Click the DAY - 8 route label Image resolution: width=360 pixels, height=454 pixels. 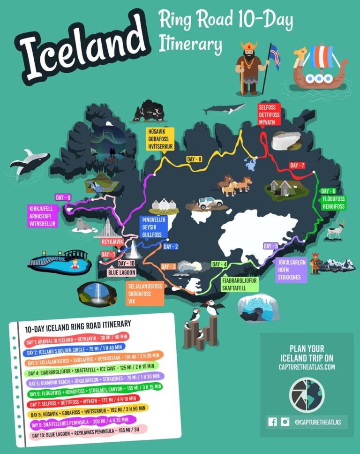point(194,159)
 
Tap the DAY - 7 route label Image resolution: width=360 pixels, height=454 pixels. point(297,166)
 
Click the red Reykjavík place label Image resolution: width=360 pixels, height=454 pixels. point(112,242)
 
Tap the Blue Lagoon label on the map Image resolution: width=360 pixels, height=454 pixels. point(121,272)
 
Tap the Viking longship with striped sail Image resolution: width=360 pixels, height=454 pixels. point(318,68)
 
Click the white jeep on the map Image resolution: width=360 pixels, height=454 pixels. point(210,203)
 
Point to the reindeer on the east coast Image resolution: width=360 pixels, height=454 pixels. point(336,230)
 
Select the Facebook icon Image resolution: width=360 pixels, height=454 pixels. point(272,422)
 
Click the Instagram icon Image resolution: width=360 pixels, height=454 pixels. point(285,422)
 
